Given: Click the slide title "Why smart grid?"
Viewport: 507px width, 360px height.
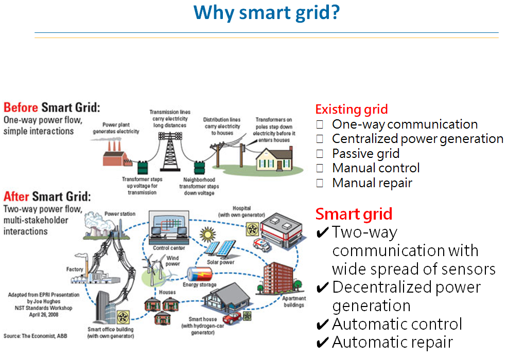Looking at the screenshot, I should [x=266, y=12].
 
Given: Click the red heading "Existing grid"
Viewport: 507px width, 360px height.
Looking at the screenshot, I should [x=351, y=110].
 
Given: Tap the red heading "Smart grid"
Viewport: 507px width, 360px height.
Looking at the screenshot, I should [x=354, y=214].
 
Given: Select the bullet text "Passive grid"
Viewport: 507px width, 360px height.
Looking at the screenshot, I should [x=365, y=153].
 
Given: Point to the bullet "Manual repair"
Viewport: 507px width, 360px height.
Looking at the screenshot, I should [x=372, y=183].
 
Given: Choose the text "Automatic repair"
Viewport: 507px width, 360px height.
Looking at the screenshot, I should [x=392, y=342].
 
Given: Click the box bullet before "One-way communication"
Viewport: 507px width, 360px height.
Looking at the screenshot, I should [x=320, y=124].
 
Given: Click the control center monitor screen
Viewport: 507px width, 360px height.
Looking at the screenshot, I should [x=168, y=225].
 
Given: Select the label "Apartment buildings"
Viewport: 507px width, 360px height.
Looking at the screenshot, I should [x=294, y=301].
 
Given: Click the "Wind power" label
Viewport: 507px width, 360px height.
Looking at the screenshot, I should [x=172, y=261].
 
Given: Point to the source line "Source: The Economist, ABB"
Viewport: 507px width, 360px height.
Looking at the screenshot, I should [x=36, y=336].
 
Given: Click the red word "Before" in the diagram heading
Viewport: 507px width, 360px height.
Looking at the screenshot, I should [x=21, y=108].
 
